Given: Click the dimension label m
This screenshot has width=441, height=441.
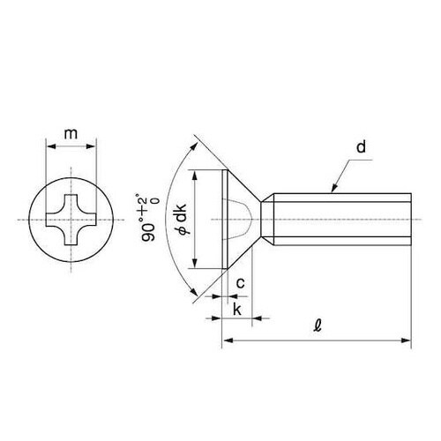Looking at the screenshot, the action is click(x=71, y=134).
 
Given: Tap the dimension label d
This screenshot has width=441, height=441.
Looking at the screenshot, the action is click(x=362, y=146).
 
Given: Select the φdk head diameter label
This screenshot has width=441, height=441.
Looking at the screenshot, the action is click(x=182, y=219).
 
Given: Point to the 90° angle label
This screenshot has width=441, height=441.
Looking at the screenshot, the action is click(x=148, y=232).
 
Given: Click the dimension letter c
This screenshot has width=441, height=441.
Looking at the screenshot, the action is click(x=241, y=283).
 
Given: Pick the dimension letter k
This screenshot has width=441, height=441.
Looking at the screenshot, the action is click(x=237, y=309).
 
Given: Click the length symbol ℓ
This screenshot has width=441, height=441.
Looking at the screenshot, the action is click(x=318, y=325).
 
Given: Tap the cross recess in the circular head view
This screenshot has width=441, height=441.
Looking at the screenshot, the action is click(x=71, y=220).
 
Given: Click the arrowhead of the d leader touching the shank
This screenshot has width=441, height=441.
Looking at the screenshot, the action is click(x=334, y=189).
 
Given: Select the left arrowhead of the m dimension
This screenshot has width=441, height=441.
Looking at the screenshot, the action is click(x=51, y=146).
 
